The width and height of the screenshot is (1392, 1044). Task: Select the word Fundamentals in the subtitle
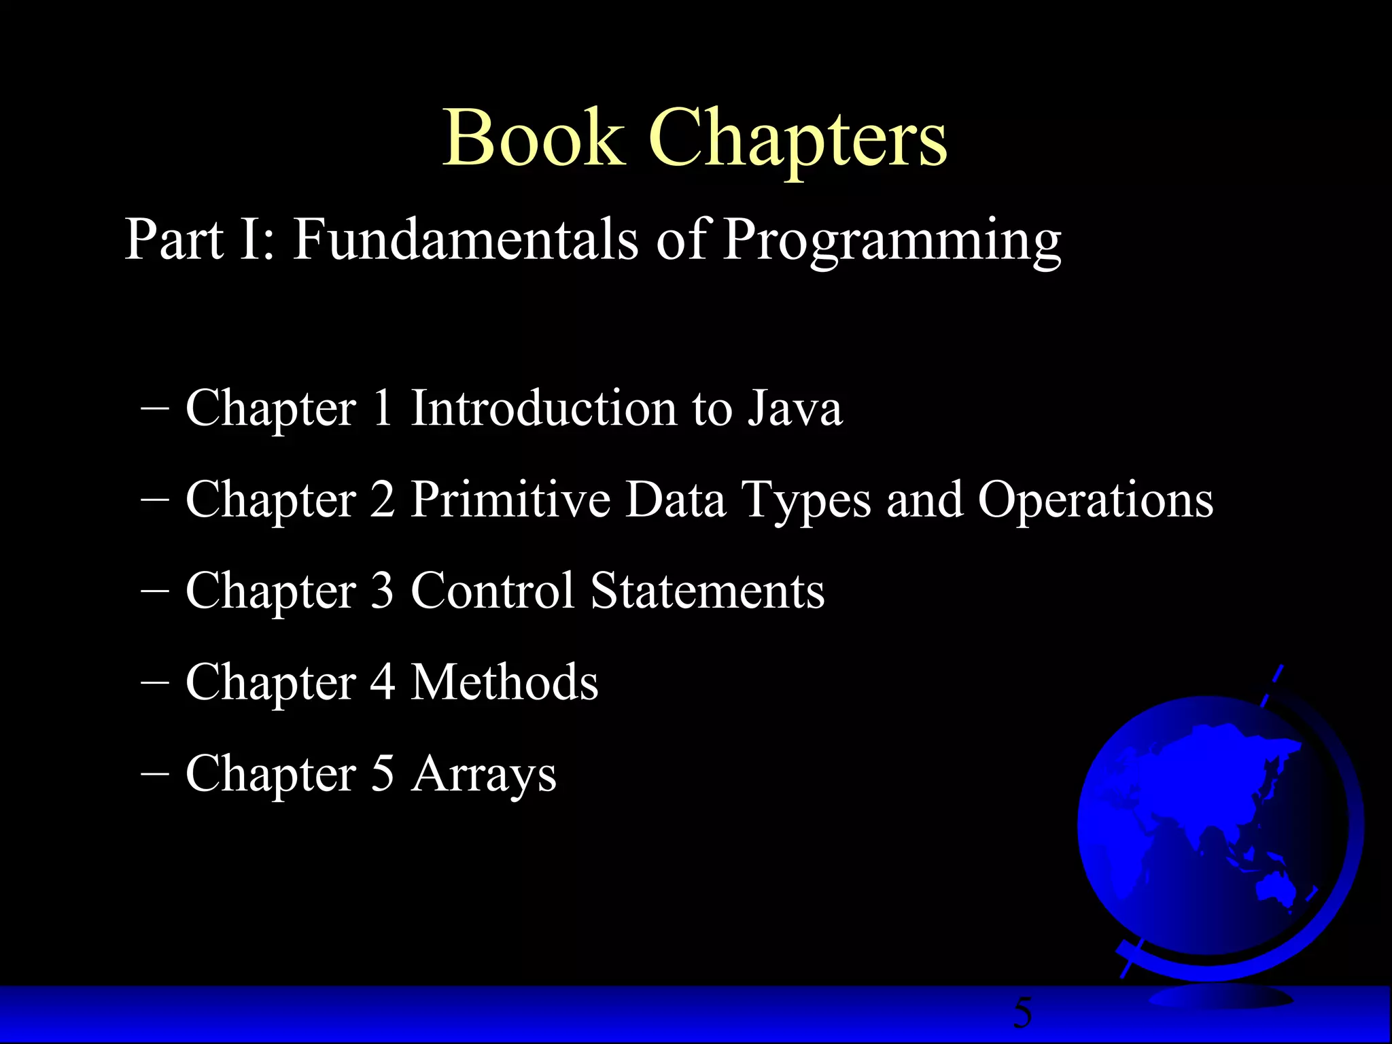point(466,239)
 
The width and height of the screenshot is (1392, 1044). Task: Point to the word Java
point(795,408)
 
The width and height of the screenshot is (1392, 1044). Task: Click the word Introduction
point(544,408)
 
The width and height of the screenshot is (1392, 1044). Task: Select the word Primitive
point(510,500)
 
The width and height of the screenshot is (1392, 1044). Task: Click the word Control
point(493,591)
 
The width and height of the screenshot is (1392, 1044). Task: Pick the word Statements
point(708,591)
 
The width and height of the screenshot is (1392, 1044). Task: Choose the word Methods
point(505,682)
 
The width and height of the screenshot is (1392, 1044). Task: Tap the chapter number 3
point(382,591)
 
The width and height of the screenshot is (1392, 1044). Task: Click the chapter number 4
point(383,682)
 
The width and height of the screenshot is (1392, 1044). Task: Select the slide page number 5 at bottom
point(1022,1013)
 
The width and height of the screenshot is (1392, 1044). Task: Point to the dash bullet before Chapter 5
point(155,774)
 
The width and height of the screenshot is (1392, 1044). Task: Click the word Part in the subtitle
point(174,239)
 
